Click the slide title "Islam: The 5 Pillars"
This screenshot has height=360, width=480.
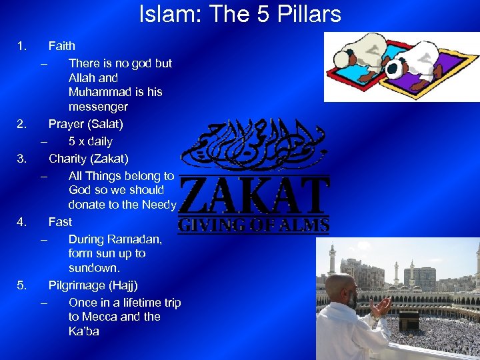pyautogui.click(x=240, y=14)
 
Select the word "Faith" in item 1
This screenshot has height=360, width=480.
pyautogui.click(x=62, y=46)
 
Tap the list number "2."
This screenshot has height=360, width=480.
pyautogui.click(x=22, y=124)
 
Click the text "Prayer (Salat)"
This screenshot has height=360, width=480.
pyautogui.click(x=86, y=124)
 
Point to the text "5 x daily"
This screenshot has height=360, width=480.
pyautogui.click(x=91, y=141)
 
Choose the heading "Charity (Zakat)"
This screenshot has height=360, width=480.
pyautogui.click(x=89, y=159)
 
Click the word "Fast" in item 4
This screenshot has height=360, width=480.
pyautogui.click(x=60, y=221)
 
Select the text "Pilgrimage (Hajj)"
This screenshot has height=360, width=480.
pyautogui.click(x=93, y=285)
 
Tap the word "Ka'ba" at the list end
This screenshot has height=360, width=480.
pyautogui.click(x=83, y=331)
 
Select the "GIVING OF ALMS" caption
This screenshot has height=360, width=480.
pyautogui.click(x=254, y=225)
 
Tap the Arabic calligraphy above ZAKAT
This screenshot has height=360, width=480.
pyautogui.click(x=254, y=144)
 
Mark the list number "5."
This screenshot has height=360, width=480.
pyautogui.click(x=22, y=285)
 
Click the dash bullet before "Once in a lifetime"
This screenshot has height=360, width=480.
pyautogui.click(x=43, y=303)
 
